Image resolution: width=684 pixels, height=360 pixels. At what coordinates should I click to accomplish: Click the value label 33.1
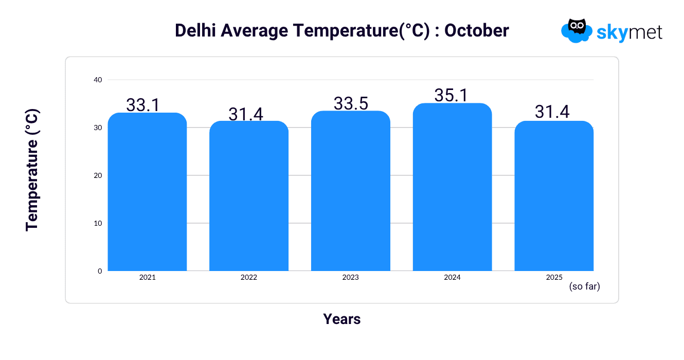[143, 105]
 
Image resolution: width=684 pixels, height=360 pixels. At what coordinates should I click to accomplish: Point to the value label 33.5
[351, 103]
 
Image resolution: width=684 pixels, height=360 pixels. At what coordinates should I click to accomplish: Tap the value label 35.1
[452, 95]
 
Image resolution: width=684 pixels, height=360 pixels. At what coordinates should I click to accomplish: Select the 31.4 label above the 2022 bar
[246, 114]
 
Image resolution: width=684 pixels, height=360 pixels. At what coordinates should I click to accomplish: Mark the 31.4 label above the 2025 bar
[552, 112]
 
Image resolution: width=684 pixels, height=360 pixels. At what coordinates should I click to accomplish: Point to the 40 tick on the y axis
[98, 80]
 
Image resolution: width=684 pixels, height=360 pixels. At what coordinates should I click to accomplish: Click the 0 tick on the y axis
[100, 271]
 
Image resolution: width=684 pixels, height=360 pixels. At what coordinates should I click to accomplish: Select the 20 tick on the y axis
[98, 175]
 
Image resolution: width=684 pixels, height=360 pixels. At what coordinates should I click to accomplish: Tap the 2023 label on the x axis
[351, 277]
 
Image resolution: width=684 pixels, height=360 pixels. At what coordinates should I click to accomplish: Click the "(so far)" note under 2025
[584, 286]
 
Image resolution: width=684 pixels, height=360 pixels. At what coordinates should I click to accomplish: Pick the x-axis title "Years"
[342, 319]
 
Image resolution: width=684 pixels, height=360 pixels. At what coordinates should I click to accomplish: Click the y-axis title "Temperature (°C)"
[32, 170]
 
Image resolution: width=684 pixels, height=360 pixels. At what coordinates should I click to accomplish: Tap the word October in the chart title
[477, 31]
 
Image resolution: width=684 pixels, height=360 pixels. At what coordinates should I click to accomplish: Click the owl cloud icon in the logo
[576, 30]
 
